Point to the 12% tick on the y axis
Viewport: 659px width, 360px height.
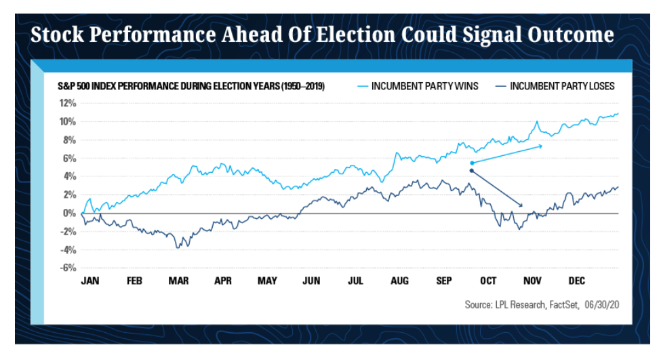(x=67, y=103)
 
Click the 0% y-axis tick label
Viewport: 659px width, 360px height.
(x=70, y=213)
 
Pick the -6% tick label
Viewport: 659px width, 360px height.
(x=68, y=268)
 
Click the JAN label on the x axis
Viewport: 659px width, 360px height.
(x=90, y=281)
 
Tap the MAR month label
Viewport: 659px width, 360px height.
(x=178, y=281)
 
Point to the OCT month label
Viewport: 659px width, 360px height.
(x=488, y=281)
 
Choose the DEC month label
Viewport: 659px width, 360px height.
(x=577, y=281)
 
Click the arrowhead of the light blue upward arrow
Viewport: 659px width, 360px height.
(x=540, y=146)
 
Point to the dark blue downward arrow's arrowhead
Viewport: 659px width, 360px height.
(x=521, y=205)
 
